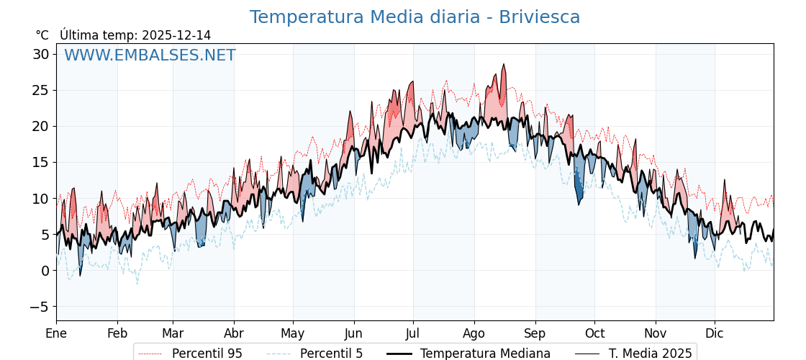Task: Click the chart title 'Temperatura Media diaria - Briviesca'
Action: point(415,17)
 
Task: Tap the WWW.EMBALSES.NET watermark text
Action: point(150,55)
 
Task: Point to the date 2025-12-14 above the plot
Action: point(176,35)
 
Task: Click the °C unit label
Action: point(42,35)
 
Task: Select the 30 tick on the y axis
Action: point(40,54)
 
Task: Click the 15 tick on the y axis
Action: point(40,162)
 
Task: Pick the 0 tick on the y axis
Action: point(45,270)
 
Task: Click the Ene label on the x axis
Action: point(56,333)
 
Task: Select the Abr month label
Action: point(234,333)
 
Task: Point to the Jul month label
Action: point(413,333)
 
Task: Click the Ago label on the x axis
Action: point(474,333)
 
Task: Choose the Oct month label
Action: point(594,333)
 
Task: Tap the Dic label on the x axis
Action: point(715,333)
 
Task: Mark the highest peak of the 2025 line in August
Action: point(504,64)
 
